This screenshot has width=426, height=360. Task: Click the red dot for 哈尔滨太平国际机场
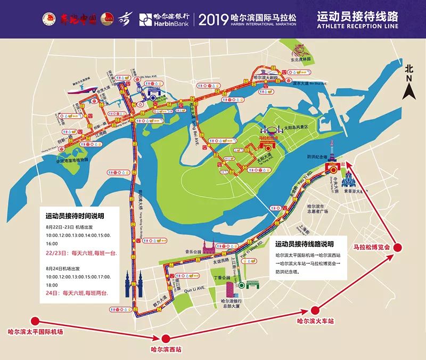[x=35, y=321]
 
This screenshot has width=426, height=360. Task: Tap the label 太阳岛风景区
[x=301, y=127]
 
